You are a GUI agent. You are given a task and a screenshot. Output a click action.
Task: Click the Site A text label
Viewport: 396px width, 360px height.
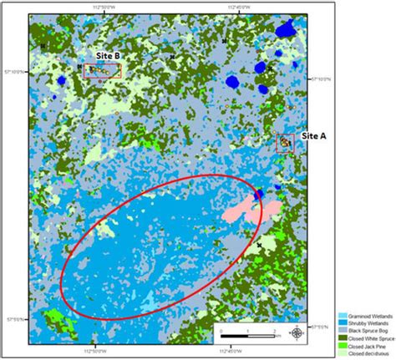click(312, 143)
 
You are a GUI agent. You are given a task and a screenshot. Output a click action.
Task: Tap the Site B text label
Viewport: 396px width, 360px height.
click(109, 55)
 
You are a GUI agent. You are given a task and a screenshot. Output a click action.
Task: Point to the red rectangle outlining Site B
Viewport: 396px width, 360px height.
click(103, 70)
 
